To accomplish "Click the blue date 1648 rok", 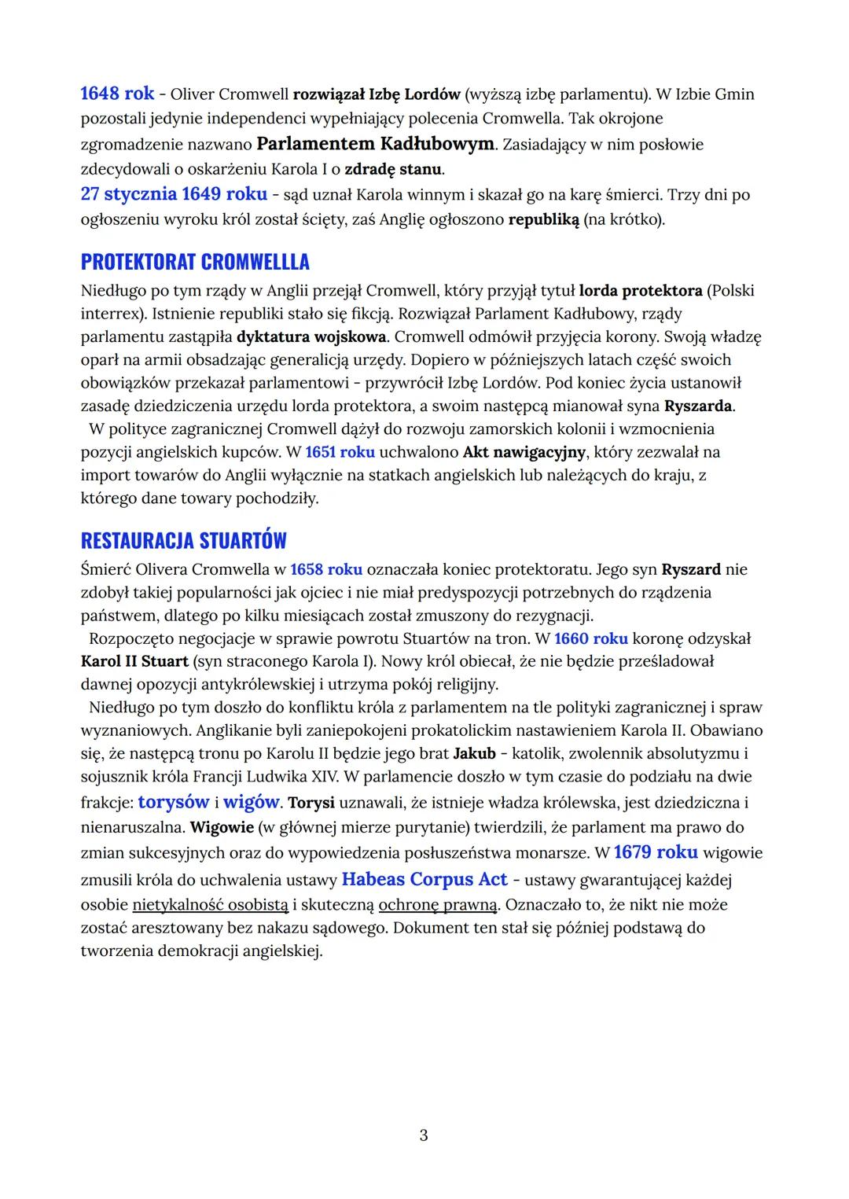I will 117,94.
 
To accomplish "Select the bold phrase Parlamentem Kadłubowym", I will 376,144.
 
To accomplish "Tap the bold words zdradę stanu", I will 393,169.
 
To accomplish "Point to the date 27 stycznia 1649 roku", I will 174,194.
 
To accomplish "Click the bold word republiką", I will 543,219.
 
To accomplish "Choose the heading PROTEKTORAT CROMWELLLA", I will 195,262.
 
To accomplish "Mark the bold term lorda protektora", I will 640,291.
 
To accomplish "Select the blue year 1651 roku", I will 340,452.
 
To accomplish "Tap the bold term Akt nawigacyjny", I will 524,452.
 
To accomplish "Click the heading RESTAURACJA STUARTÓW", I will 184,541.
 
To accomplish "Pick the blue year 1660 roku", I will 590,638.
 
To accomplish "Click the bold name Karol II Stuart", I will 134,661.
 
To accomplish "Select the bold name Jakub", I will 474,753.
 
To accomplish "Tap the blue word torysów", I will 173,802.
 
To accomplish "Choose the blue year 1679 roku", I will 655,852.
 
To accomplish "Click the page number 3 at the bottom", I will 424,1135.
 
